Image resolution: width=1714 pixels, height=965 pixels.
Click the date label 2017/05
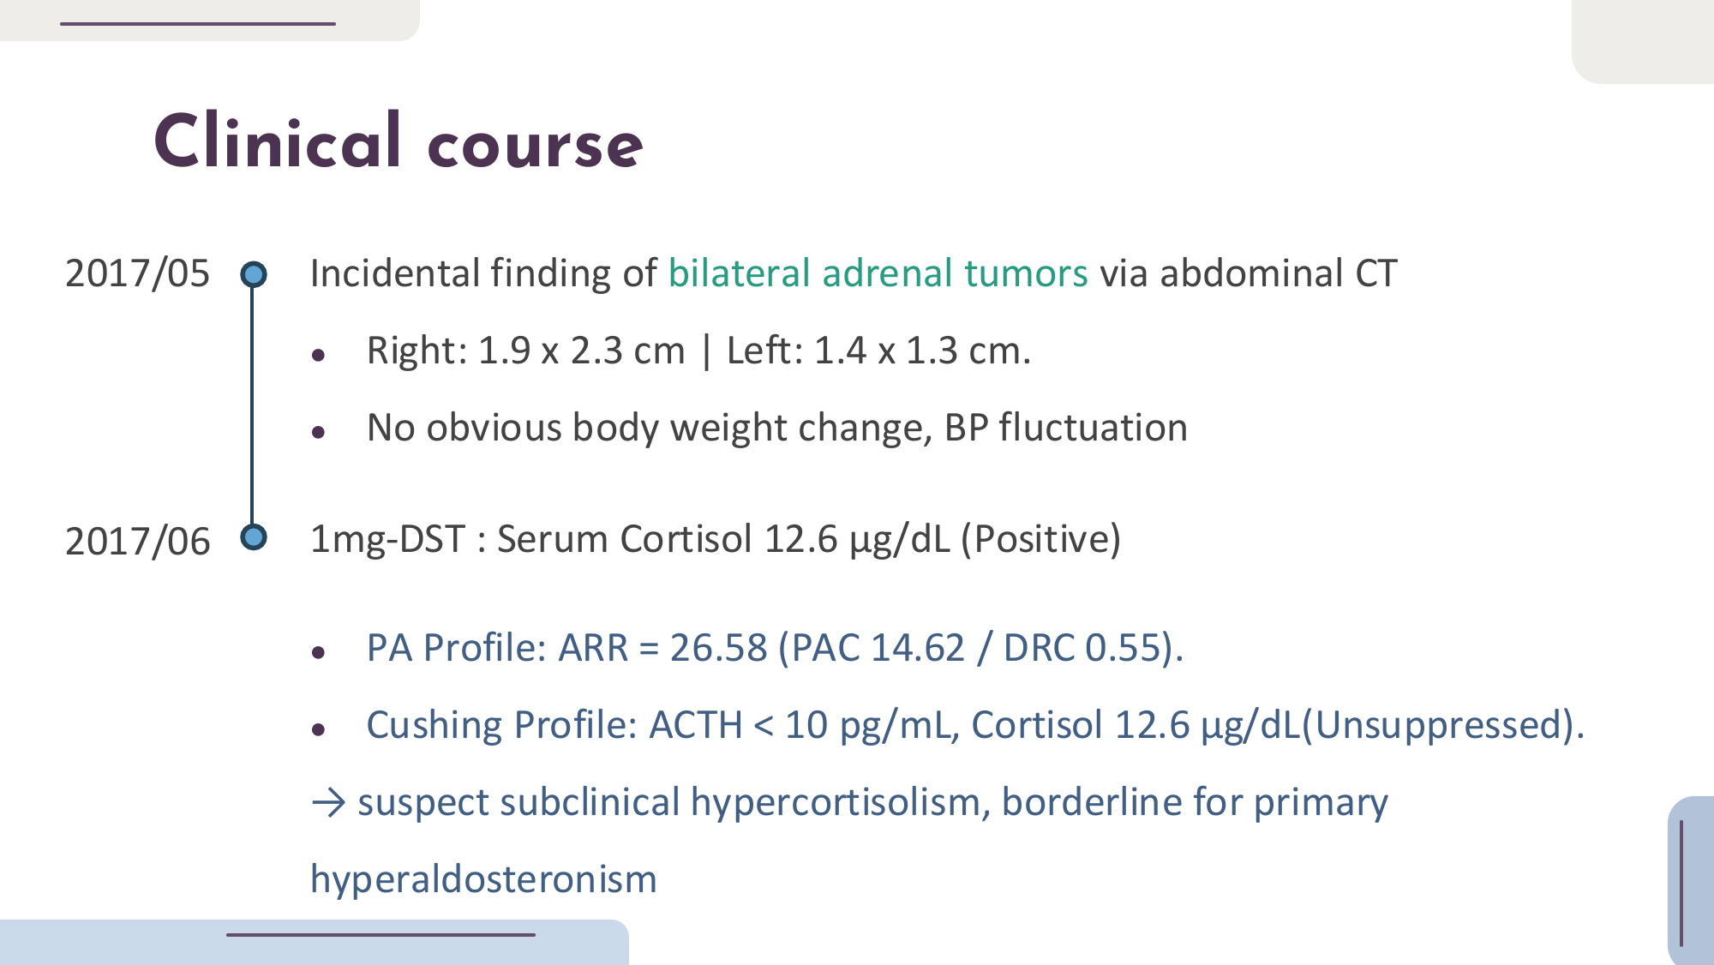point(137,273)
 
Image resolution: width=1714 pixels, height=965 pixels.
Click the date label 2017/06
point(137,542)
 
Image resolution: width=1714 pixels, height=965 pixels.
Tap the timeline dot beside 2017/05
point(253,274)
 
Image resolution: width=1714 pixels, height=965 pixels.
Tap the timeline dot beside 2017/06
point(253,537)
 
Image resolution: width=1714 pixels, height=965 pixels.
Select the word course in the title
point(535,146)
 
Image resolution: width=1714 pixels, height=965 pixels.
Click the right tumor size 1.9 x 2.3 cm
point(581,351)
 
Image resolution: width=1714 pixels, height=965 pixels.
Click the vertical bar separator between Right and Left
point(706,351)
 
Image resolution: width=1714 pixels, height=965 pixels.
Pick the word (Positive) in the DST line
point(1040,539)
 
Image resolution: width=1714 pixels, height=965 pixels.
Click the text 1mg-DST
point(387,539)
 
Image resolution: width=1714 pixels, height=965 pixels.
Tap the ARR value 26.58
point(718,648)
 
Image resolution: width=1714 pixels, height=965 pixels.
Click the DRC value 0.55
point(1123,648)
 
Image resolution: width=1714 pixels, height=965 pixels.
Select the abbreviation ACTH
point(696,725)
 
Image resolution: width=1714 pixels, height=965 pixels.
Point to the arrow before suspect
point(328,803)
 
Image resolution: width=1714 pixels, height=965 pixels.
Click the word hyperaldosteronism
point(483,880)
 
